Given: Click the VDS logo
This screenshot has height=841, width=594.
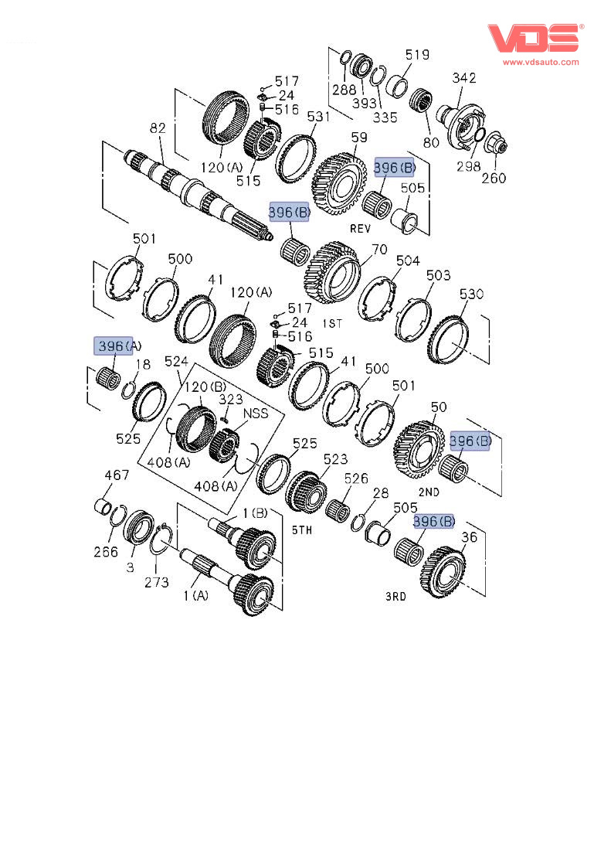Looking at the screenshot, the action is (535, 38).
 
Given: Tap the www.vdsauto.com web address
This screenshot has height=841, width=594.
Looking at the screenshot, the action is (541, 62).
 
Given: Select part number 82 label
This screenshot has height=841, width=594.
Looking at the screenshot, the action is (158, 128).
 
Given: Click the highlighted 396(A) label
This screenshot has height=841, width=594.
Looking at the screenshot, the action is (117, 346).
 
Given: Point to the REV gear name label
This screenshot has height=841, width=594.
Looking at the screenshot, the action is (360, 229).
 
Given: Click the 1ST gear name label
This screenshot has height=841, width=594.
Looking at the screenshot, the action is (332, 323).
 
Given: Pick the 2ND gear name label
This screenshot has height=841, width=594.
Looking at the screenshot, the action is (429, 492).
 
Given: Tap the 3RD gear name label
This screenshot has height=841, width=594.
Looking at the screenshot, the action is (395, 596).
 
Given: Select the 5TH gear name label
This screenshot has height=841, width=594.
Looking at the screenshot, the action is (302, 530).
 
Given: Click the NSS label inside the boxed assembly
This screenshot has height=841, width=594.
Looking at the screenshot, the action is (256, 414).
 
